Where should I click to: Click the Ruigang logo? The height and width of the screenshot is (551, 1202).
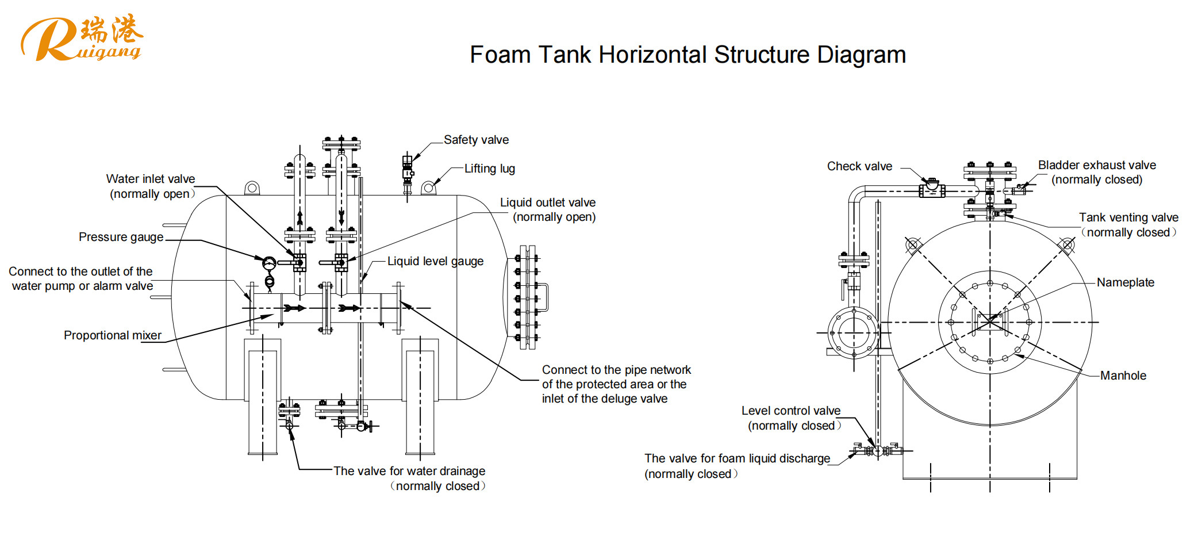(x=80, y=38)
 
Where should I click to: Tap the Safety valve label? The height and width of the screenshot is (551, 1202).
(x=476, y=140)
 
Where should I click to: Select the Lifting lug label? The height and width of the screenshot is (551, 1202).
(x=489, y=169)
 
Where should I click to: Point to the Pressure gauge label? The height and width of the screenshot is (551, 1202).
(x=121, y=237)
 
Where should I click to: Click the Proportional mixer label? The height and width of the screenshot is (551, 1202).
(x=112, y=335)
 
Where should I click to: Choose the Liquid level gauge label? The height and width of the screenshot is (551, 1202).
(x=435, y=261)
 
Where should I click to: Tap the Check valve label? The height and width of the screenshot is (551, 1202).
(x=859, y=166)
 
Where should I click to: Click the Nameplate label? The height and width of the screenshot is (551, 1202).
(x=1125, y=282)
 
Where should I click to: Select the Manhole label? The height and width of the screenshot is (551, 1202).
(x=1123, y=376)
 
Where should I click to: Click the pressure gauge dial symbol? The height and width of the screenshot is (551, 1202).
(x=268, y=263)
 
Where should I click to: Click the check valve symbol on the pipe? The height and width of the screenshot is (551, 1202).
(x=932, y=188)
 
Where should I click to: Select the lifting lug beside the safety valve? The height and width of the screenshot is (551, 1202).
(x=428, y=188)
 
